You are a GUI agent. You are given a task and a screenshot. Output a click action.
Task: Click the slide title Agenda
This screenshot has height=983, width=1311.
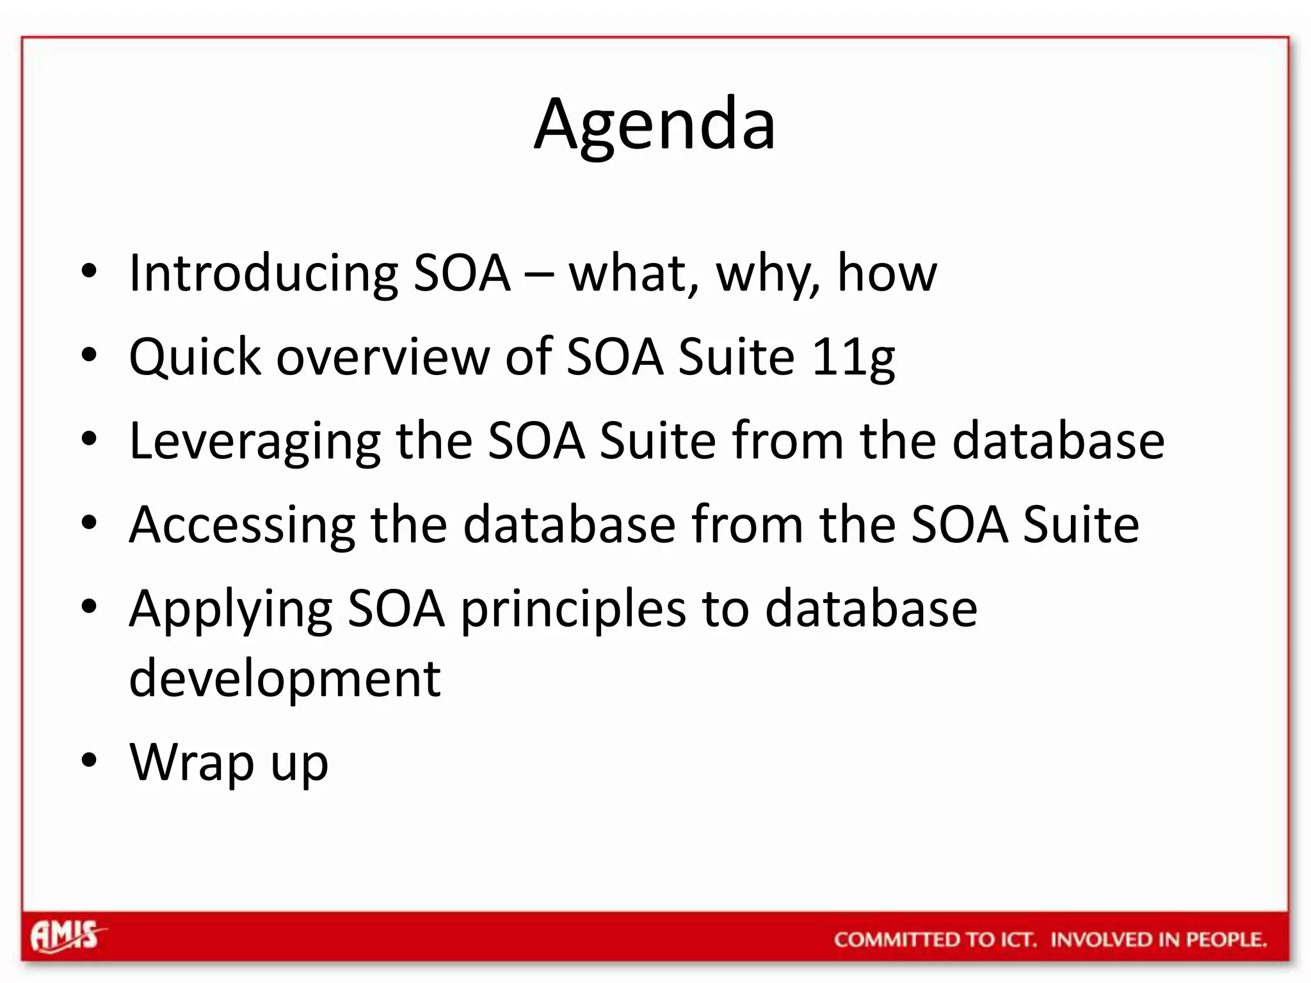point(654,125)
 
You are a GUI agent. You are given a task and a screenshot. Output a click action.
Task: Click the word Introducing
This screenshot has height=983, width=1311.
point(262,273)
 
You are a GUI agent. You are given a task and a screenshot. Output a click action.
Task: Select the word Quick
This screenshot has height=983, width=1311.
point(195,356)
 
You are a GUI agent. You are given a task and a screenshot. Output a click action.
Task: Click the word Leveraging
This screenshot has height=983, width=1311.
point(255,442)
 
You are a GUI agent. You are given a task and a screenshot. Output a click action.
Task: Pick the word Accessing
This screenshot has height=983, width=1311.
point(242,525)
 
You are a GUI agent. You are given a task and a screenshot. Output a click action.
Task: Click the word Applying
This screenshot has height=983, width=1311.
point(230,609)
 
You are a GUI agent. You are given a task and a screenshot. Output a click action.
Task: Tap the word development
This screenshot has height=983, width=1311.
point(284,678)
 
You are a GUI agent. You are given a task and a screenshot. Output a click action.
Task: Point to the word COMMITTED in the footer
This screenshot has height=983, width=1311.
point(896,939)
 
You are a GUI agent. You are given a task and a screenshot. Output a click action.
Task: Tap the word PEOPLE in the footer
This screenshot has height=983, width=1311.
point(1225,939)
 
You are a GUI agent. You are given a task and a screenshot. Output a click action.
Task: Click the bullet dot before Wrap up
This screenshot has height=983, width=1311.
point(89,760)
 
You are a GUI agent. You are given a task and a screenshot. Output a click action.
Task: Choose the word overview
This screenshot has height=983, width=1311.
point(382,356)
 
